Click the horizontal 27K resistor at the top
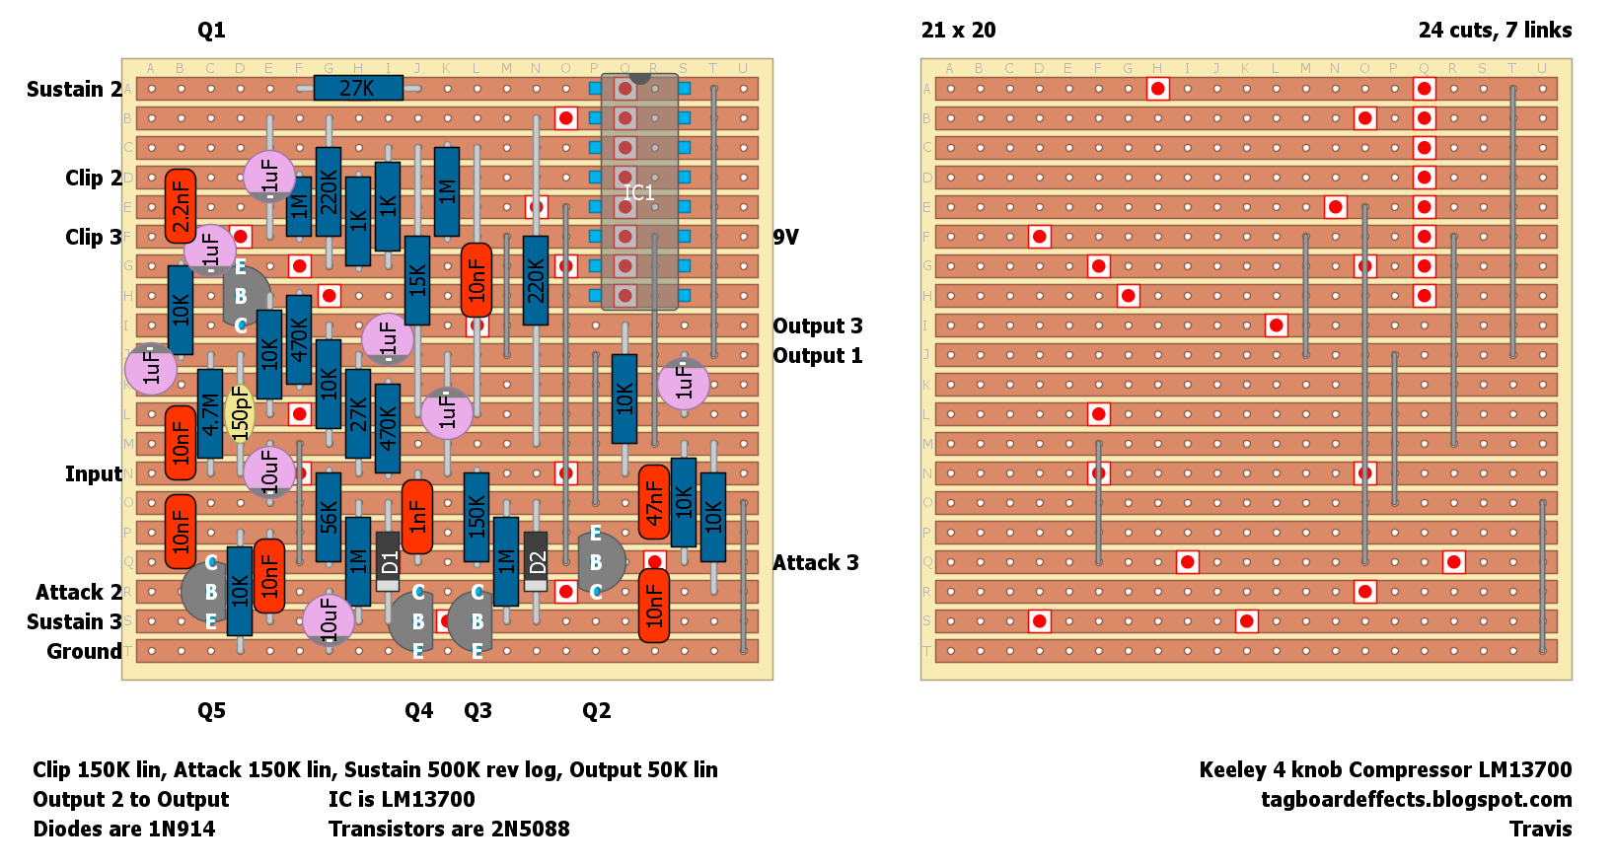click(x=357, y=88)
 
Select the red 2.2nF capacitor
click(x=181, y=206)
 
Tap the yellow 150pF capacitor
click(x=240, y=413)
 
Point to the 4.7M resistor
click(x=210, y=413)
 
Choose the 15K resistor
click(x=417, y=280)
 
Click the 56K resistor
click(x=329, y=517)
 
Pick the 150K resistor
click(x=477, y=517)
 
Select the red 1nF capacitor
click(x=417, y=517)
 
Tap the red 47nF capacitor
click(x=653, y=502)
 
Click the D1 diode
click(x=388, y=561)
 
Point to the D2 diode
click(x=536, y=561)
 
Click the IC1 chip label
click(x=639, y=192)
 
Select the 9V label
click(x=785, y=237)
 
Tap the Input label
click(x=94, y=473)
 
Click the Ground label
click(x=85, y=651)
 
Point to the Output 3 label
click(x=817, y=325)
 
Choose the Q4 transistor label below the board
click(x=418, y=710)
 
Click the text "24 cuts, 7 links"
click(x=1495, y=30)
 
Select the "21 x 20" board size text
click(x=958, y=30)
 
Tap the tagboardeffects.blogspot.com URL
click(x=1416, y=799)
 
